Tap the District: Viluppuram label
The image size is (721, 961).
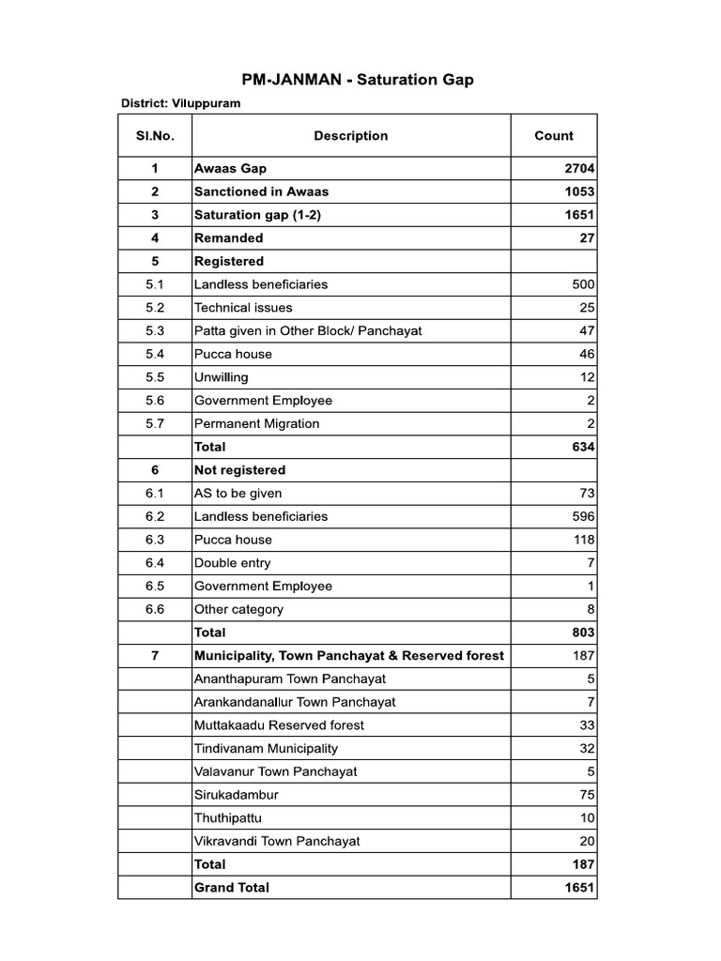point(180,103)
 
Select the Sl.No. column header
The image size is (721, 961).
point(155,136)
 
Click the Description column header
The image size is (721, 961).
point(350,136)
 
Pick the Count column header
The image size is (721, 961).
point(554,136)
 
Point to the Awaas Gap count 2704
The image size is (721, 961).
point(578,169)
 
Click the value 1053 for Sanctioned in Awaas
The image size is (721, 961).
point(578,191)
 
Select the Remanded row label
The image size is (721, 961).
point(228,238)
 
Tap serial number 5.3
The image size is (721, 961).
point(155,331)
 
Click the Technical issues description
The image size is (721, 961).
point(243,308)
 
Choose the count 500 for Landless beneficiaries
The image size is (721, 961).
point(583,284)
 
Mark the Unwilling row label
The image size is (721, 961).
point(221,377)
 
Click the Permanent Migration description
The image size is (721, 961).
point(256,424)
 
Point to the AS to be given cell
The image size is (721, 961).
point(238,494)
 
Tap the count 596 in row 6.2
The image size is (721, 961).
point(583,517)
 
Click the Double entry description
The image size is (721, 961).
point(232,563)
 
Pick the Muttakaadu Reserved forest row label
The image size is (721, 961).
point(279,725)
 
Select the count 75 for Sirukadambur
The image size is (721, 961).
point(587,795)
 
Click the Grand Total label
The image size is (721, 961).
point(231,888)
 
